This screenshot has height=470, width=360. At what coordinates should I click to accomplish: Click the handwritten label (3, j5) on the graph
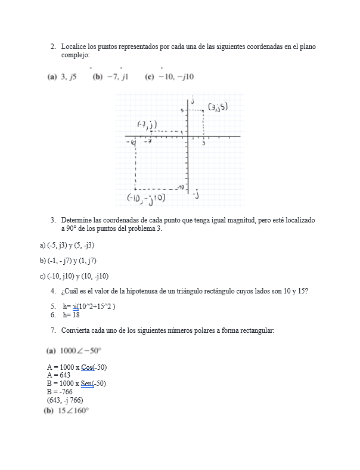218,107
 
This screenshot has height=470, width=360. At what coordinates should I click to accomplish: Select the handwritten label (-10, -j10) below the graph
146,197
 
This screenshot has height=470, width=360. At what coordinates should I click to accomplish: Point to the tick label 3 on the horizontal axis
204,144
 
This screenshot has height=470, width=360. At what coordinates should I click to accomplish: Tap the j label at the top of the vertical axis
192,100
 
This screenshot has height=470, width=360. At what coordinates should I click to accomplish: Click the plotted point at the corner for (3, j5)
204,110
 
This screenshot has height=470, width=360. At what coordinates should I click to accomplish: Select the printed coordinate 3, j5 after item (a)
69,76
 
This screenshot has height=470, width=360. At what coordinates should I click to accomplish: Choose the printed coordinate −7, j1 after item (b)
118,76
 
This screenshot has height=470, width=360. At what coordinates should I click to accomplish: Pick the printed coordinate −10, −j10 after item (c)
176,76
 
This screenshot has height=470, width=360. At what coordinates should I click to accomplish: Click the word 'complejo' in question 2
75,55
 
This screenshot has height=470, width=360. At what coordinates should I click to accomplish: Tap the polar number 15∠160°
74,411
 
